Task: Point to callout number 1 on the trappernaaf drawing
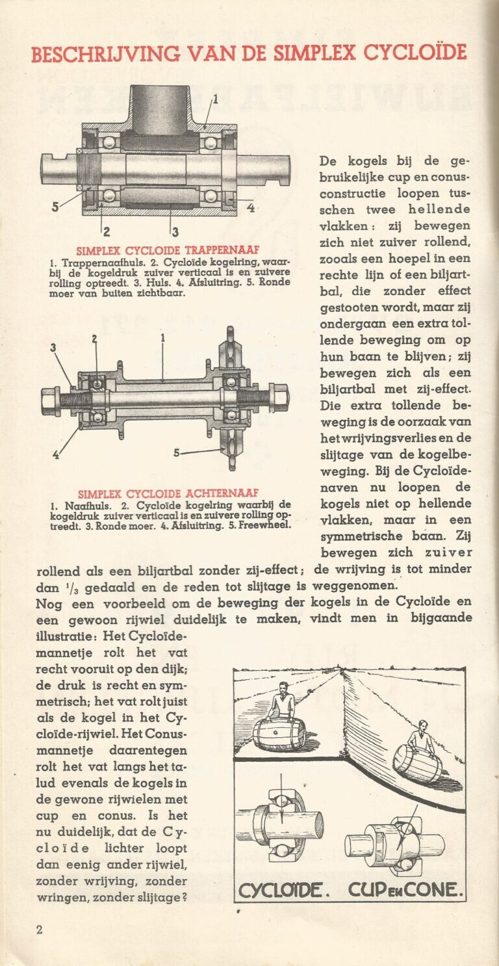click(216, 99)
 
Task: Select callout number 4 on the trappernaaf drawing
click(250, 208)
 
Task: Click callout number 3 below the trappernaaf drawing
click(175, 231)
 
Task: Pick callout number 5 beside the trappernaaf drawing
click(56, 207)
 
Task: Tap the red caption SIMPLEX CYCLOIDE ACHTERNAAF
click(168, 493)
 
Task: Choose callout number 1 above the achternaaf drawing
click(163, 337)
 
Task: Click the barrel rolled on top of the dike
click(279, 733)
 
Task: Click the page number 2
click(39, 930)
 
